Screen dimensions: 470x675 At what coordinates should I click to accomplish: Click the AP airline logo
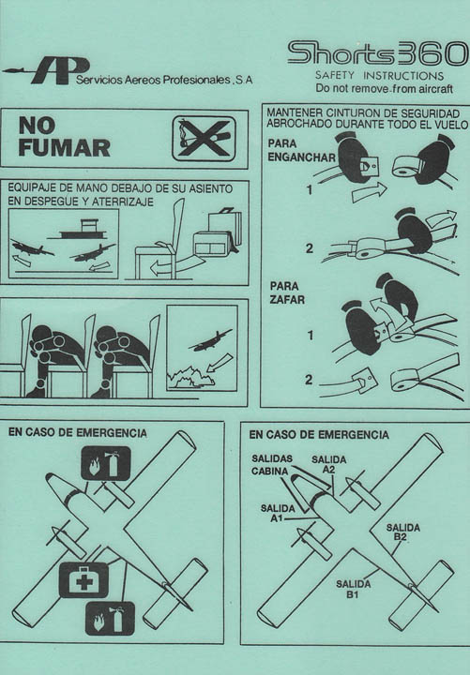47,70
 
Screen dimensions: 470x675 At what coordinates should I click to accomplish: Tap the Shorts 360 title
378,53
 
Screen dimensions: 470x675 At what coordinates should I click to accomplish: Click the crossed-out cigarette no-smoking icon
204,138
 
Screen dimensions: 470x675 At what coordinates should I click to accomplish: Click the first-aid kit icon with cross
84,580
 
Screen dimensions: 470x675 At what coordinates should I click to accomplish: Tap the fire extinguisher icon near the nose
106,463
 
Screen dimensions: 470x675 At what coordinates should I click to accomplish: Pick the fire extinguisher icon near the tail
111,619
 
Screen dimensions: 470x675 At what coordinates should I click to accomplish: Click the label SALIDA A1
278,513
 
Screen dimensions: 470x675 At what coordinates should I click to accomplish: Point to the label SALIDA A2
329,464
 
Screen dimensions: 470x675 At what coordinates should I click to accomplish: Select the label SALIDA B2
402,532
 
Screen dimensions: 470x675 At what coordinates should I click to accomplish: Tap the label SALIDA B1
354,589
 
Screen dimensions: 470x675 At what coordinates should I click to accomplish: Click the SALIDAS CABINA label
272,465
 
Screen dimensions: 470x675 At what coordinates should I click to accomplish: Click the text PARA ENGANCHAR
301,150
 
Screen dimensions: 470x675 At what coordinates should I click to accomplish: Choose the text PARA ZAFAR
287,292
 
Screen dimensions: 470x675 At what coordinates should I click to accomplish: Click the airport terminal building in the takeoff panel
83,230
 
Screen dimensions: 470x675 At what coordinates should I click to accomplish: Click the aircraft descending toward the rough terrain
210,340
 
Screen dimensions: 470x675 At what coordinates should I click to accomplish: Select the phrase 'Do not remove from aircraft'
385,89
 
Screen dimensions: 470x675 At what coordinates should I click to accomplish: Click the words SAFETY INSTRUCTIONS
379,75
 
